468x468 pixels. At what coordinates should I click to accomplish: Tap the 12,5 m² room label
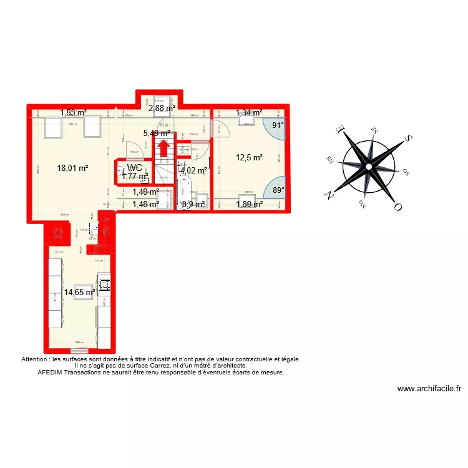[x=249, y=157]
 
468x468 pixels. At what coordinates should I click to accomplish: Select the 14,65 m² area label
[x=79, y=291]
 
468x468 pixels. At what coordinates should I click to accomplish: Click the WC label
[x=135, y=168]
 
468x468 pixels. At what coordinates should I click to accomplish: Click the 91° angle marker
[x=276, y=125]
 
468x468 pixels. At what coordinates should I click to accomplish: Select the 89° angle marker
[x=276, y=190]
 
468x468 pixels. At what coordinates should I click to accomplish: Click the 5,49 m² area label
[x=157, y=133]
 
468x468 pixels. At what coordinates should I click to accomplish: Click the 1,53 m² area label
[x=73, y=113]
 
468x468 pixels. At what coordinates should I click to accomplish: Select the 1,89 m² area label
[x=249, y=203]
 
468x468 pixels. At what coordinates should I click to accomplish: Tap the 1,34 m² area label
[x=249, y=113]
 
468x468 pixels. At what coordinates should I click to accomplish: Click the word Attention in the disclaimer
[x=37, y=359]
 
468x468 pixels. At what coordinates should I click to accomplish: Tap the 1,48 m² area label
[x=145, y=203]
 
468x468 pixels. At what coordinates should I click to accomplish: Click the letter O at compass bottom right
[x=397, y=207]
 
